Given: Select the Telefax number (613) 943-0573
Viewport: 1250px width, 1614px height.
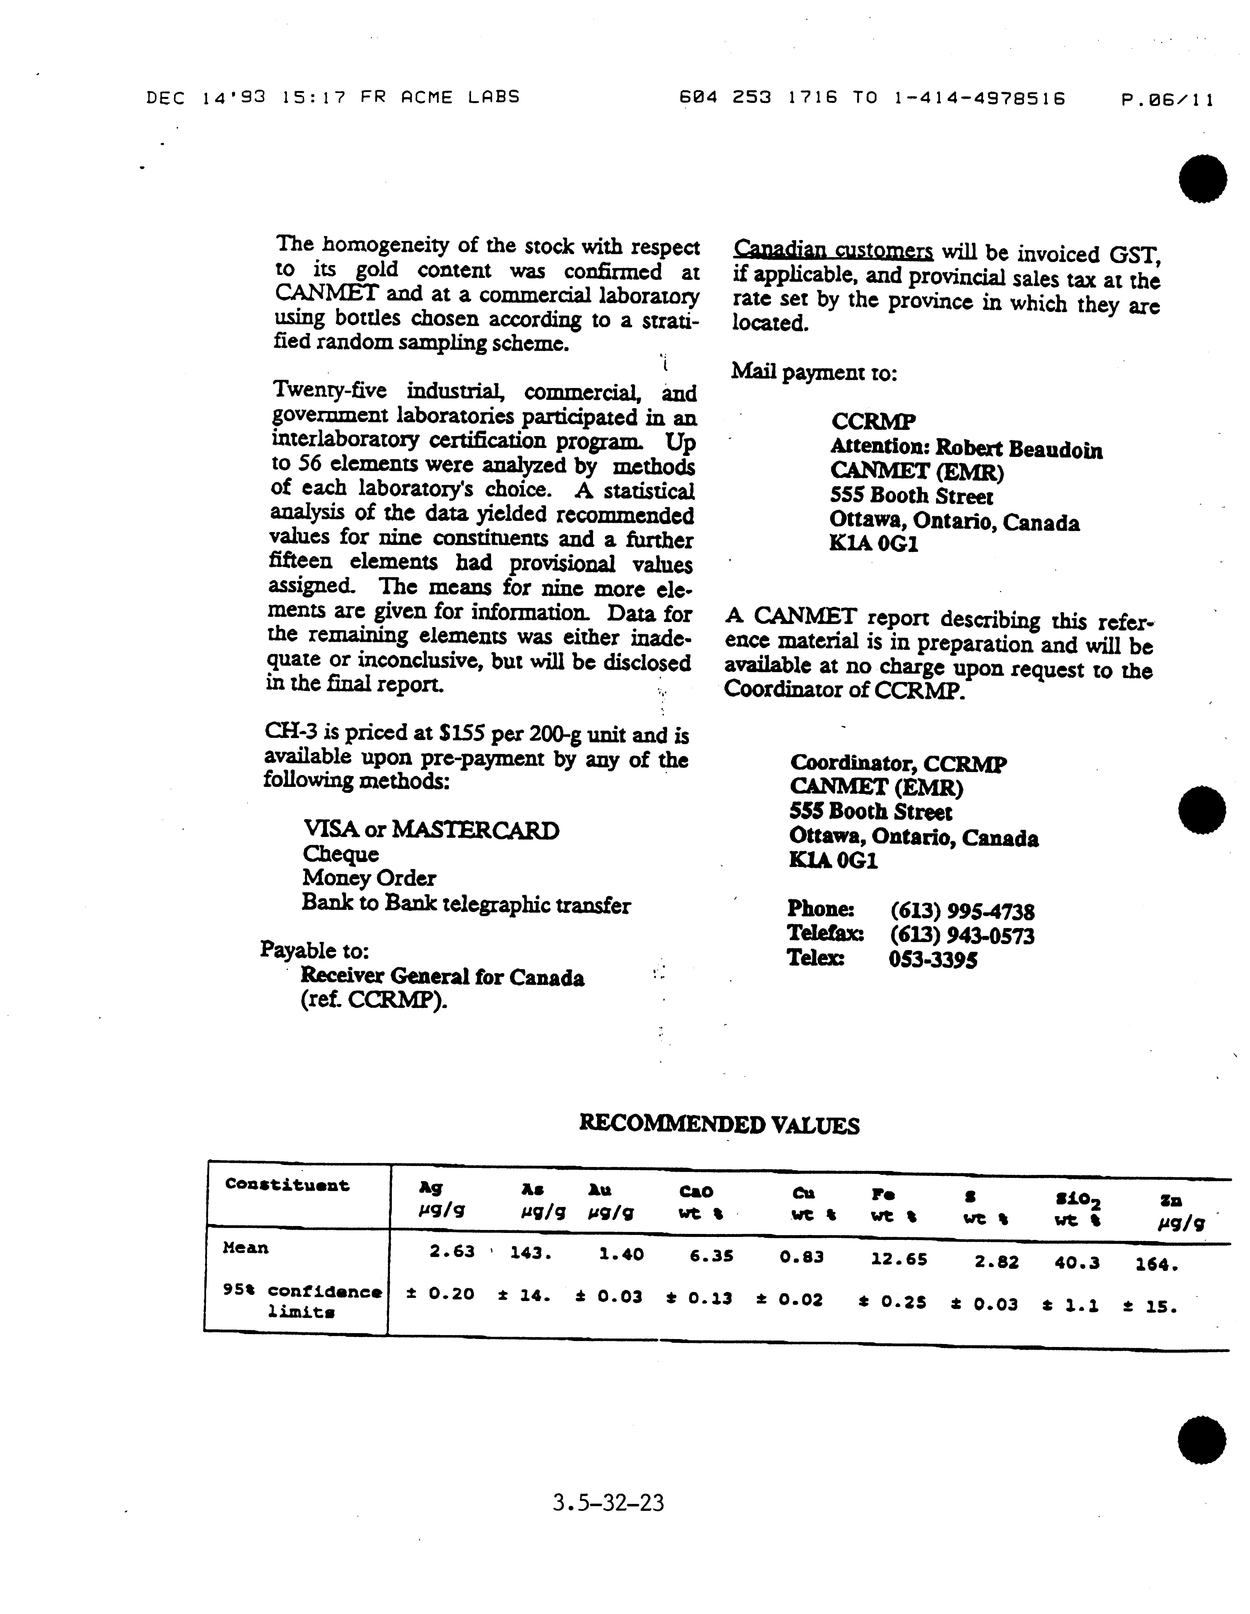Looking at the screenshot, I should point(962,936).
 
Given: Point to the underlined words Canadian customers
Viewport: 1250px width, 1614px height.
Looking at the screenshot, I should point(833,251).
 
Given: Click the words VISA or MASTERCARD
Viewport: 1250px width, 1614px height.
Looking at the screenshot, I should point(431,830).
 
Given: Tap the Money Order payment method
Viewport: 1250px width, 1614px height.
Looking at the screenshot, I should point(369,878).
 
